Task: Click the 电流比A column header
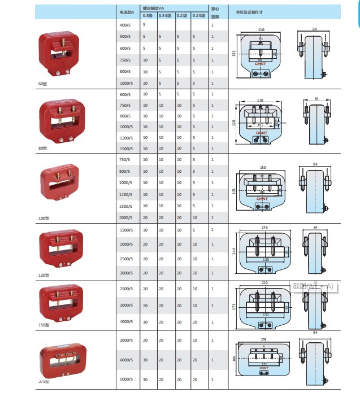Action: [x=127, y=12]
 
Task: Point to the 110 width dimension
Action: [x=261, y=29]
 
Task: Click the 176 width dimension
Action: [x=263, y=228]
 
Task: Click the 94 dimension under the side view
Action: [x=315, y=333]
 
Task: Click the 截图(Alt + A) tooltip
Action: [x=314, y=287]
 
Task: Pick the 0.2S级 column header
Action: [x=198, y=16]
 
